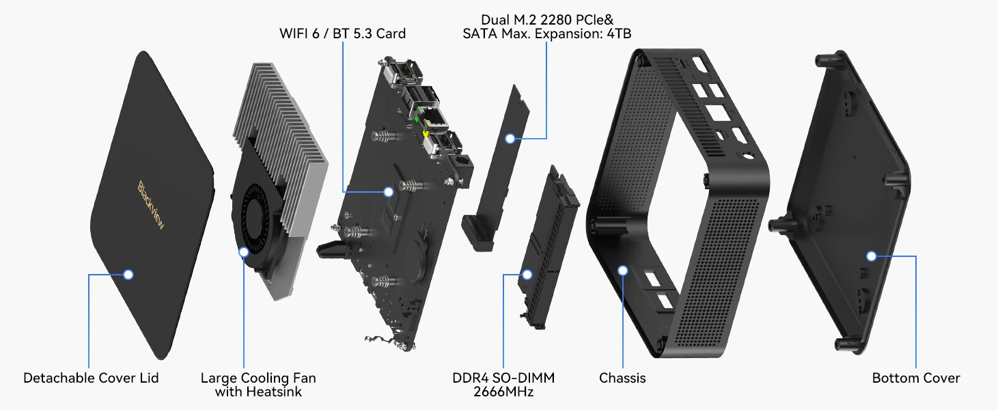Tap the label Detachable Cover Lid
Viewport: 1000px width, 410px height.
(91, 378)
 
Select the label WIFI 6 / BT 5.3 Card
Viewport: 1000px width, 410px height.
(342, 33)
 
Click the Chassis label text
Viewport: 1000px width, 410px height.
(622, 378)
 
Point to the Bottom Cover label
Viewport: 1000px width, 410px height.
(916, 378)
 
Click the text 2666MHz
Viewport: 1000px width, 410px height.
(503, 392)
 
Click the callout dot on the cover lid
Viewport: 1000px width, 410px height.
(128, 275)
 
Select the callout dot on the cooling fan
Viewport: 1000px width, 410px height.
(244, 251)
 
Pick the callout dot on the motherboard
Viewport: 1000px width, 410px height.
(388, 192)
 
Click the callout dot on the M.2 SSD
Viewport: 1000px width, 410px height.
(510, 139)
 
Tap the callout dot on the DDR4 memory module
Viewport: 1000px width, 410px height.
(527, 275)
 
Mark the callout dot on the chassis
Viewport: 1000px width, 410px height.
(622, 271)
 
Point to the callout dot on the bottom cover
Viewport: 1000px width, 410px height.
(871, 256)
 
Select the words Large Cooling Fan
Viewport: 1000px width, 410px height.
(258, 378)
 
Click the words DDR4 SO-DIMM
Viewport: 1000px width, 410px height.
(503, 378)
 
